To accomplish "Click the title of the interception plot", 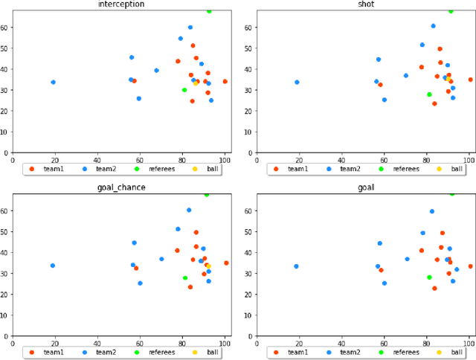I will pos(121,4).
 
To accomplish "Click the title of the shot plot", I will pos(366,4).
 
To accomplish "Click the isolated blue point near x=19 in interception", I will pos(53,82).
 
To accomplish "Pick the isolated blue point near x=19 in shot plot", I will pos(297,82).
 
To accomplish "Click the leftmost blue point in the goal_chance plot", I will pos(53,266).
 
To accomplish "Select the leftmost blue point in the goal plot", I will pos(297,266).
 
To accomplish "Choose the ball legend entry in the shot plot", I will pos(454,169).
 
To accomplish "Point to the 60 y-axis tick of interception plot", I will pos(7,27).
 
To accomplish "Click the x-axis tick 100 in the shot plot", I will pos(469,158).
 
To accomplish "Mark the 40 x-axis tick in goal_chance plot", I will pos(97,343).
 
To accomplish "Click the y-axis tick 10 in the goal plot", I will pos(251,315).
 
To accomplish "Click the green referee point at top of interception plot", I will pos(209,11).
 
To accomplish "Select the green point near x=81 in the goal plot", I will pos(429,277).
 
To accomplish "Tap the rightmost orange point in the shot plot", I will pos(470,80).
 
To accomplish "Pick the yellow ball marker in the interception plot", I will pos(196,83).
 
